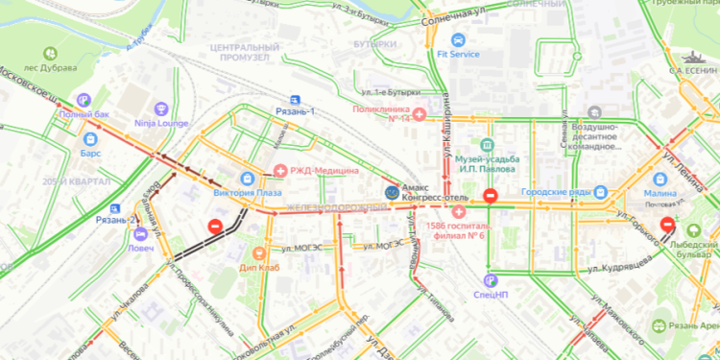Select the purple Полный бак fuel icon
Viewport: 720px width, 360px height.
(x=84, y=99)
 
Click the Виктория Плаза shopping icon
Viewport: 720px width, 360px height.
(x=248, y=178)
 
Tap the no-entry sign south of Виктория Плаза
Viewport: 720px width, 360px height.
(x=215, y=227)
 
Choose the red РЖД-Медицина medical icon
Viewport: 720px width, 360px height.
(x=279, y=171)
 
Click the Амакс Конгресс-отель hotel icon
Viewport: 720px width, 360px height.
(x=391, y=192)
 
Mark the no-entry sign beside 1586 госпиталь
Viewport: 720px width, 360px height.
(x=490, y=196)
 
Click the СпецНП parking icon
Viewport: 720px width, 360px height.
(x=491, y=280)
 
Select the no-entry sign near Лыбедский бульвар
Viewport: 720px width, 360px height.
(x=667, y=225)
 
